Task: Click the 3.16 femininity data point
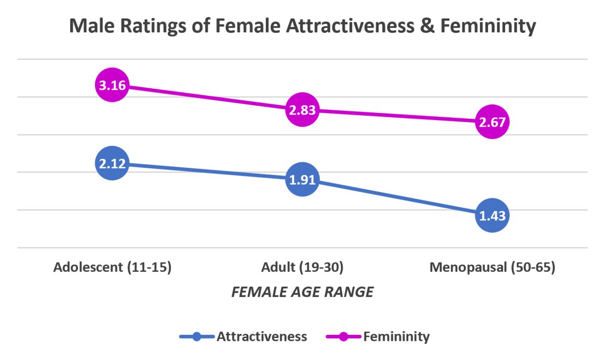[112, 85]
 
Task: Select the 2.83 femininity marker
[302, 109]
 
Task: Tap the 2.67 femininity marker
[492, 122]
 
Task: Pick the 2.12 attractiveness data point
[112, 163]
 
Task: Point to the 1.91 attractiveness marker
[302, 179]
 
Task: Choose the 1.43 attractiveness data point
[492, 215]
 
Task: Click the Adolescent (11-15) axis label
[112, 267]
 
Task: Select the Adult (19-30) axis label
[302, 267]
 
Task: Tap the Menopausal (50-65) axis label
[493, 267]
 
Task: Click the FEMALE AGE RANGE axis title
[302, 292]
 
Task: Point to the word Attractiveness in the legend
[262, 336]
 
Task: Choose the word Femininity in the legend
[396, 337]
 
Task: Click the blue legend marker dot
[197, 336]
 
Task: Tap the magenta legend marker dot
[343, 336]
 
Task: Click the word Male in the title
[92, 26]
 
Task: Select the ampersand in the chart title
[428, 26]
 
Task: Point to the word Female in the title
[248, 26]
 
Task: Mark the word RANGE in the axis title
[349, 292]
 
